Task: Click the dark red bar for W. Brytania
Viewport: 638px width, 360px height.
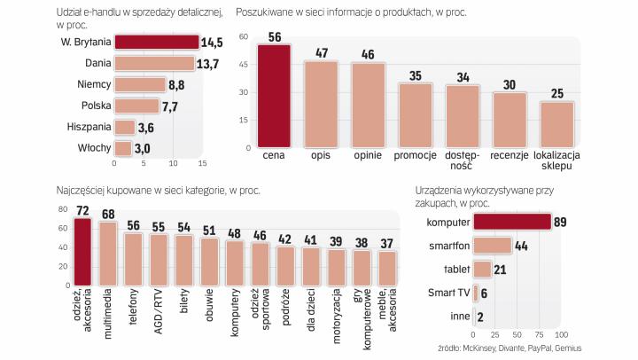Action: (x=156, y=42)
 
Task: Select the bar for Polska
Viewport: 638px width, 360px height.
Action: (x=136, y=106)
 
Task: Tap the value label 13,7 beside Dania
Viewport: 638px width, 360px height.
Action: (x=209, y=64)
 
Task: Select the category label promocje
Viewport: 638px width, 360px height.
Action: (x=416, y=157)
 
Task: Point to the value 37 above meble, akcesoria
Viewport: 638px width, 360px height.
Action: (x=387, y=243)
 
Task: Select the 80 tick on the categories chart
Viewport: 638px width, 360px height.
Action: (x=63, y=209)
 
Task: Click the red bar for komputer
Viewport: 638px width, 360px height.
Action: (x=512, y=221)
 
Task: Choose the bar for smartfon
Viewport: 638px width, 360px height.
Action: (x=493, y=245)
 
